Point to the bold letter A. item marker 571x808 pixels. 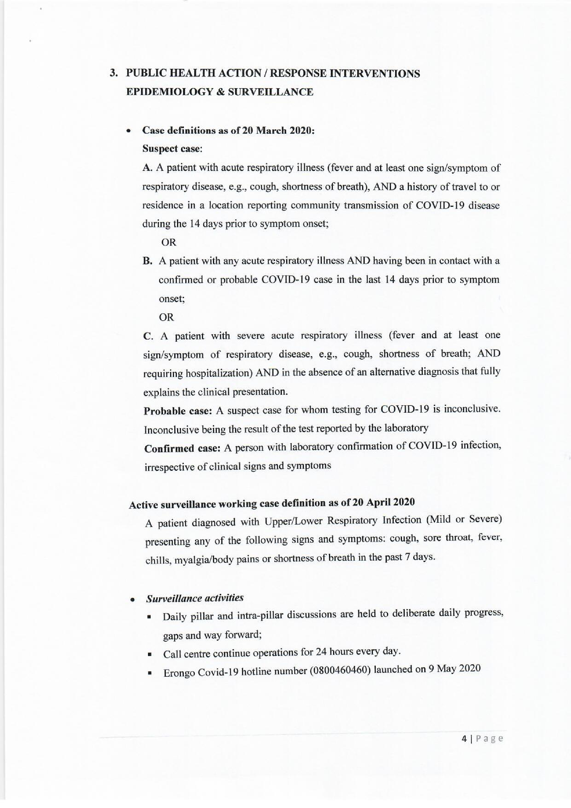click(x=147, y=168)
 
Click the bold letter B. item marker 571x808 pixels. click(x=147, y=261)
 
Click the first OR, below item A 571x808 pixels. click(x=169, y=242)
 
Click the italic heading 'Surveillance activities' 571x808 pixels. click(x=195, y=598)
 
